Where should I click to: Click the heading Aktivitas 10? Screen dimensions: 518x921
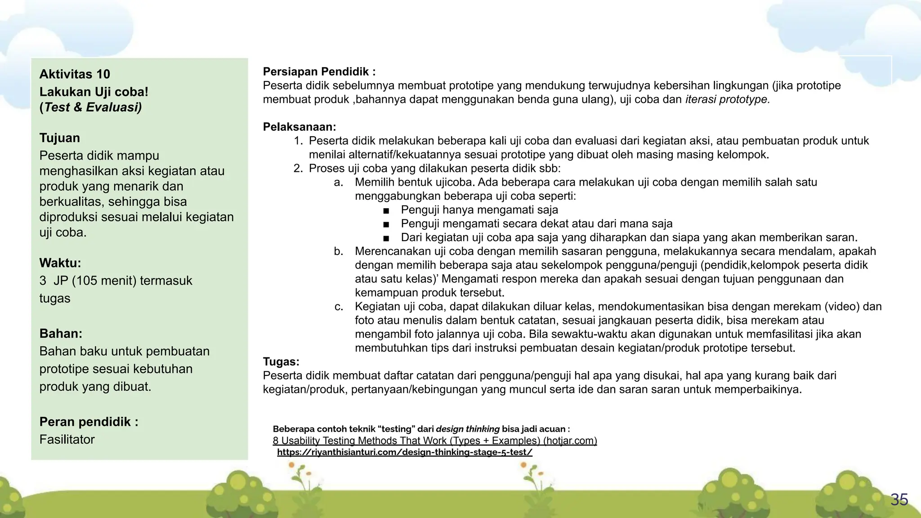pyautogui.click(x=75, y=74)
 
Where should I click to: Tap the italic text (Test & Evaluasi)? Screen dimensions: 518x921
pyautogui.click(x=90, y=107)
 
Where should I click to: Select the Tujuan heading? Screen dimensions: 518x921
pyautogui.click(x=59, y=138)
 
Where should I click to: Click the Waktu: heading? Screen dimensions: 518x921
pyautogui.click(x=60, y=263)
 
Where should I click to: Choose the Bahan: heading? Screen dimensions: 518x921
pyautogui.click(x=61, y=334)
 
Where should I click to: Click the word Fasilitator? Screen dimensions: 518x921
pyautogui.click(x=67, y=439)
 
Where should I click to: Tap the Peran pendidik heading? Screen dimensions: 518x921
pyautogui.click(x=89, y=422)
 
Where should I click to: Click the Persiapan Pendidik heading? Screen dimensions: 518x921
pyautogui.click(x=319, y=71)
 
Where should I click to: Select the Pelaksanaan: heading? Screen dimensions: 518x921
pyautogui.click(x=300, y=127)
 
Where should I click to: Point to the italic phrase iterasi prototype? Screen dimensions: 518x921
pyautogui.click(x=727, y=99)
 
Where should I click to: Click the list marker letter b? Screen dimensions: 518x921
pyautogui.click(x=339, y=251)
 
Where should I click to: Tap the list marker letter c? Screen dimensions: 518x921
pyautogui.click(x=339, y=307)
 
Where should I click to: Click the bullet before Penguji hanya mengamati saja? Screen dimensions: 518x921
pyautogui.click(x=386, y=210)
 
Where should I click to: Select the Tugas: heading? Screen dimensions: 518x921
pyautogui.click(x=281, y=362)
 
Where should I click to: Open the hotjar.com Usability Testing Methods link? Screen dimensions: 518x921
pyautogui.click(x=434, y=441)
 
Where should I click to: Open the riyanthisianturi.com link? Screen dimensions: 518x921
pyautogui.click(x=404, y=452)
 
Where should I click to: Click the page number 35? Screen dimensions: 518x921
pyautogui.click(x=899, y=500)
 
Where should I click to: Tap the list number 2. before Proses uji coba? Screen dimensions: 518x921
pyautogui.click(x=298, y=169)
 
